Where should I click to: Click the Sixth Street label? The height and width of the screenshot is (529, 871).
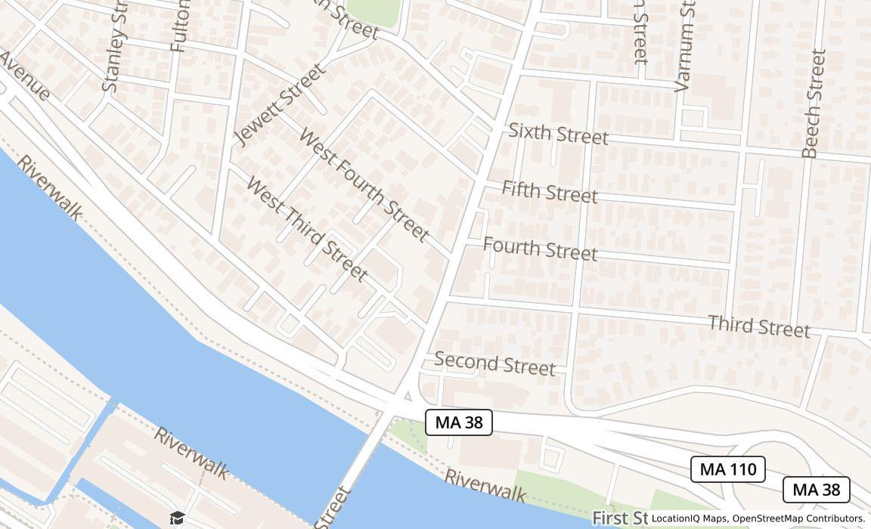pos(558,133)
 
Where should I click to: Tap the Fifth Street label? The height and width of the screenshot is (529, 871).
pos(550,191)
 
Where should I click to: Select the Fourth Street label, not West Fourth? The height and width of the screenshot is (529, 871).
pos(540,248)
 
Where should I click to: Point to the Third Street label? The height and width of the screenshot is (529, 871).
pos(758,326)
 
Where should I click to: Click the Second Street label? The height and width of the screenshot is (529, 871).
pos(494,363)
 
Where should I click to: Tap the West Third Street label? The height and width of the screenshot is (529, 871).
pos(307,228)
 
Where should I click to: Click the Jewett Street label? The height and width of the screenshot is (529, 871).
pos(281,104)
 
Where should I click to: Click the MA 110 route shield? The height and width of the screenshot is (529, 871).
pos(728,469)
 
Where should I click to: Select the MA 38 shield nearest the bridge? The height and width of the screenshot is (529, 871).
pos(459,422)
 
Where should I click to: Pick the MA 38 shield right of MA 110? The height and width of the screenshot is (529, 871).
pos(816,490)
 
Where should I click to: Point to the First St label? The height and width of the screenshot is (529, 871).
pos(620,518)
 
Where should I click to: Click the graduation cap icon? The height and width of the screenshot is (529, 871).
pos(177,518)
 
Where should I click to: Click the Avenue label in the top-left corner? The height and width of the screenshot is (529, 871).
pos(24,76)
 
